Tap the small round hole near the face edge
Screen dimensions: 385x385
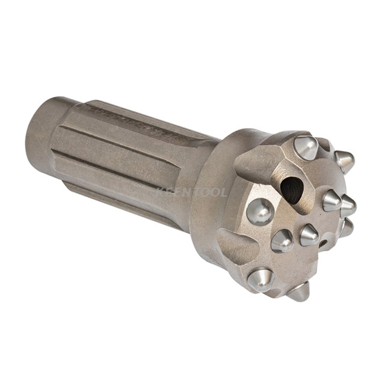pyautogui.click(x=324, y=244)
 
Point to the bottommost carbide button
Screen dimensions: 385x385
pyautogui.click(x=299, y=292)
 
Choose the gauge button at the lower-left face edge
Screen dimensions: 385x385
pyautogui.click(x=259, y=279)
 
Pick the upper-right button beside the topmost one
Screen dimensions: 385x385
pyautogui.click(x=344, y=161)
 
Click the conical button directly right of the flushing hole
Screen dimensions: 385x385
pyautogui.click(x=332, y=200)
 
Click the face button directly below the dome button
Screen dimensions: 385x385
pyautogui.click(x=283, y=241)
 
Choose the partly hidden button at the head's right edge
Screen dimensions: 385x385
pyautogui.click(x=347, y=227)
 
